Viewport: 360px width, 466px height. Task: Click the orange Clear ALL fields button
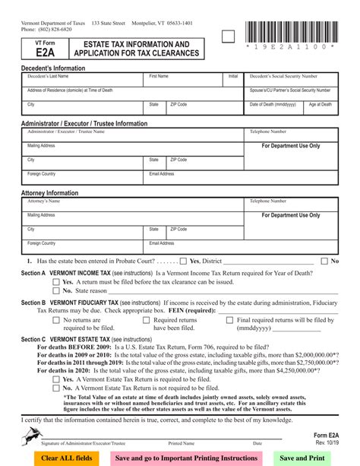click(66, 458)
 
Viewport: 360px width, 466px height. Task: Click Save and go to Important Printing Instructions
click(185, 458)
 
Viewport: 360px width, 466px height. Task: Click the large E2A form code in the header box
click(44, 53)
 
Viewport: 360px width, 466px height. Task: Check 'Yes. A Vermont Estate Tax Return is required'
click(56, 379)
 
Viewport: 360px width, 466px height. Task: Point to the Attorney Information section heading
click(49, 193)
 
